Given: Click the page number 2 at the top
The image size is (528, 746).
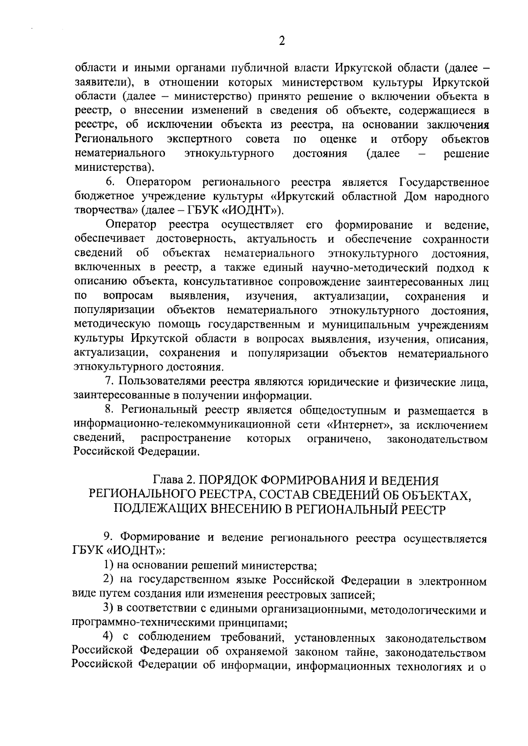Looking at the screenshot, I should [x=282, y=41].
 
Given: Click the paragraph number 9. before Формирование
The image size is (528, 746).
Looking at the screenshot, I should [x=109, y=537].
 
